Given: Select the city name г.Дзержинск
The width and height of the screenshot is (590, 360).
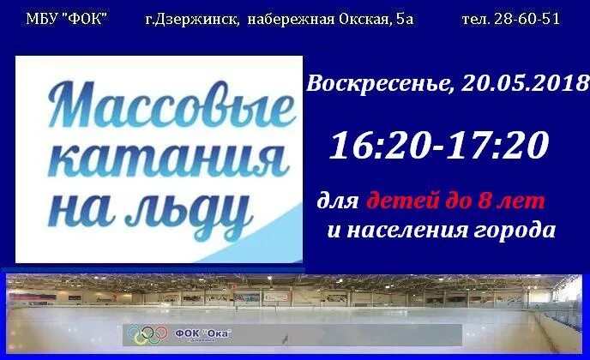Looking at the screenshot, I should point(188,18).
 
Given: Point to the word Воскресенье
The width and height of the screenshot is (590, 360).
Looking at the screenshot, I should point(378,83).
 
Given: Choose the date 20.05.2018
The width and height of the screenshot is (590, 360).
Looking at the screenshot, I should point(524,83).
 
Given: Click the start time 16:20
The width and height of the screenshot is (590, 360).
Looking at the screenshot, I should point(376,145).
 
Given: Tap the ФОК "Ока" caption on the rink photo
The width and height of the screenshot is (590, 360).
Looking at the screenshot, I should point(203,333).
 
